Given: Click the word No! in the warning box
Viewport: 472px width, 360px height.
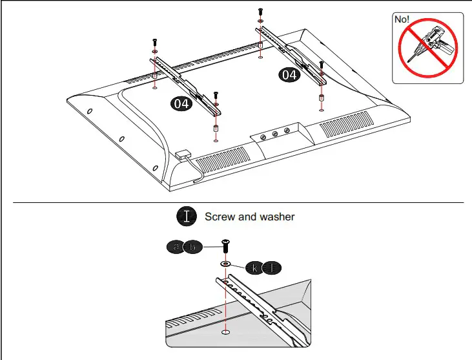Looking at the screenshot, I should tap(402, 20).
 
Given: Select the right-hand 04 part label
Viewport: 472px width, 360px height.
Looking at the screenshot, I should tap(289, 75).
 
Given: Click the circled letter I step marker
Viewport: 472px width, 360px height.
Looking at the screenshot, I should tap(187, 217).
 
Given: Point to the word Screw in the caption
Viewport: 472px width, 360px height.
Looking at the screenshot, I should tap(220, 217).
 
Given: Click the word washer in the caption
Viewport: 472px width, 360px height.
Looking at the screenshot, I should tap(276, 217).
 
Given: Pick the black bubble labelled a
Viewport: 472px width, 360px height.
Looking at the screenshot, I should tap(176, 247).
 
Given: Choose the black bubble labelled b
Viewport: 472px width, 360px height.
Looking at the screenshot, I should tap(193, 247).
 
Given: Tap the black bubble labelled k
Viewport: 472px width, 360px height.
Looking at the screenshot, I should tap(255, 266).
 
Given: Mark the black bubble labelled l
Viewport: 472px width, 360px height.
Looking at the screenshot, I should tap(272, 266).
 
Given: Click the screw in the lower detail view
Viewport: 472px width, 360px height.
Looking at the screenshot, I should tap(226, 246).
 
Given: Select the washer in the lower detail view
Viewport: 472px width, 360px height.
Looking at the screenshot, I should tap(226, 264).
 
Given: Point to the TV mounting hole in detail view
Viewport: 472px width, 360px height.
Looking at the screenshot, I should tap(226, 332).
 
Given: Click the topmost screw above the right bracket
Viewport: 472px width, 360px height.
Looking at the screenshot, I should tap(260, 12).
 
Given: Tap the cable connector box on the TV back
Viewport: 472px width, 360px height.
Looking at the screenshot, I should tap(181, 155).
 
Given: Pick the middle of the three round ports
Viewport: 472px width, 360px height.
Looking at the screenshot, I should tap(275, 134).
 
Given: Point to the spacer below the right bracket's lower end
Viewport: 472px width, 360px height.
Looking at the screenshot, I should tap(322, 100).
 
